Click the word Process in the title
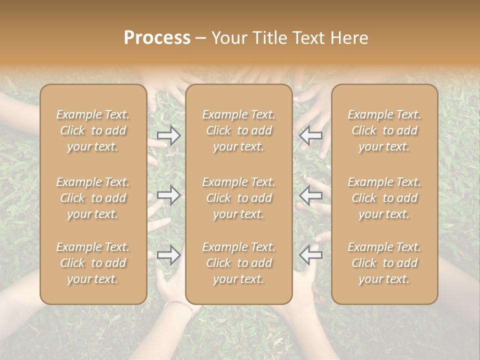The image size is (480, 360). [157, 38]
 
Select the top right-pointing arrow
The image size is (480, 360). [168, 135]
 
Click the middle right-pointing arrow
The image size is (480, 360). [168, 194]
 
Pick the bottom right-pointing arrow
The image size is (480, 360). [168, 255]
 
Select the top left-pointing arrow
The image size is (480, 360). [311, 135]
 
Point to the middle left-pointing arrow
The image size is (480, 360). [311, 194]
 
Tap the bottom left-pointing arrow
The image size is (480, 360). [311, 255]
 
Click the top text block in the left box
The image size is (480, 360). [93, 130]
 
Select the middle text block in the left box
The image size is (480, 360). [93, 198]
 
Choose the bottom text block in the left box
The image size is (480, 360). [93, 263]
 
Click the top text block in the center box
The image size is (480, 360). [238, 130]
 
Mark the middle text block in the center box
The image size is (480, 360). [238, 198]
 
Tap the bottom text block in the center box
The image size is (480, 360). [238, 263]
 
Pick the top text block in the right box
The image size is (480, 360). [384, 130]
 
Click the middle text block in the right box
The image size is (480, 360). [384, 198]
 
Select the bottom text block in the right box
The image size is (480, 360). [384, 263]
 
